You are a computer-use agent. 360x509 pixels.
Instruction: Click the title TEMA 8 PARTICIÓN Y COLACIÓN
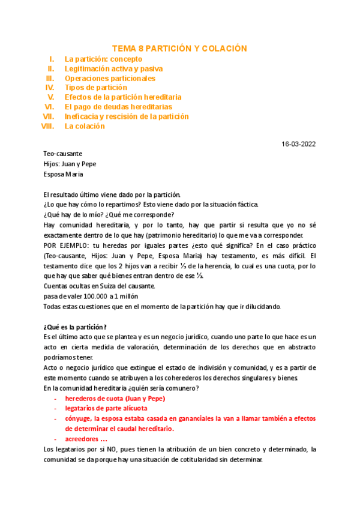(x=179, y=48)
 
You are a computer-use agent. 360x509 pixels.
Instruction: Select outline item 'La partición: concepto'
(x=103, y=59)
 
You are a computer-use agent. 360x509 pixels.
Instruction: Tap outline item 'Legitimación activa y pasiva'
(x=113, y=69)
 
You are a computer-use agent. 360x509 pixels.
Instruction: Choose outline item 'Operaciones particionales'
(x=110, y=79)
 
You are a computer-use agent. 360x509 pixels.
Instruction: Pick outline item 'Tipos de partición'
(x=96, y=88)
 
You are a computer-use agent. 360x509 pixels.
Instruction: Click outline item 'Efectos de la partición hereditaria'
(x=123, y=97)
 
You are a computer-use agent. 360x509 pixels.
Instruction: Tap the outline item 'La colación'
(x=85, y=126)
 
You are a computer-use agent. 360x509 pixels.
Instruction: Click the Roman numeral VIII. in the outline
(x=47, y=126)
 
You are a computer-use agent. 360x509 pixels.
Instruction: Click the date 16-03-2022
(x=299, y=144)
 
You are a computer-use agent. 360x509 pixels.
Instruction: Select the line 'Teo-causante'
(x=63, y=154)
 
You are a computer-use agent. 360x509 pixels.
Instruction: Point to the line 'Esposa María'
(x=64, y=174)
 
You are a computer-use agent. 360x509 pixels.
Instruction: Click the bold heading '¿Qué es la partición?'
(x=75, y=327)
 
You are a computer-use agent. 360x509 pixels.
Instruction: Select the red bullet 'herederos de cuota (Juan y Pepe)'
(x=115, y=399)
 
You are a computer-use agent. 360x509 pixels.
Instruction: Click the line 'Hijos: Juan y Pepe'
(x=70, y=164)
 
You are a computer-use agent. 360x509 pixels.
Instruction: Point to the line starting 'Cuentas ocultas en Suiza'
(x=100, y=286)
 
